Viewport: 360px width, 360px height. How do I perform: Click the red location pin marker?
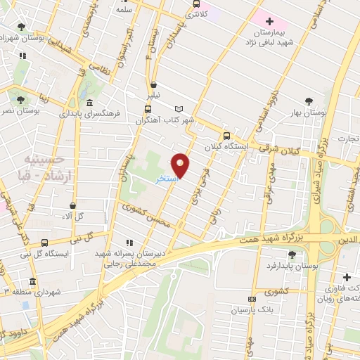pyautogui.click(x=181, y=165)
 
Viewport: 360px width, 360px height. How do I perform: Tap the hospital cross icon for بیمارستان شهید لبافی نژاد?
pyautogui.click(x=269, y=21)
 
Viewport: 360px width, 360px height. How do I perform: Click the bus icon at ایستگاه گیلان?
pyautogui.click(x=226, y=136)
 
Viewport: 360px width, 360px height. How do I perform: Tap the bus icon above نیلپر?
pyautogui.click(x=153, y=85)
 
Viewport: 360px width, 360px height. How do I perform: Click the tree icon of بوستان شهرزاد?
pyautogui.click(x=22, y=27)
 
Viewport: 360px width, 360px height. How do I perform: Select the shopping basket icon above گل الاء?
pyautogui.click(x=73, y=205)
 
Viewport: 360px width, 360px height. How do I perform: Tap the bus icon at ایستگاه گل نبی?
pyautogui.click(x=44, y=243)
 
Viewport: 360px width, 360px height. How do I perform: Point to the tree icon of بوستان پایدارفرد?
pyautogui.click(x=291, y=255)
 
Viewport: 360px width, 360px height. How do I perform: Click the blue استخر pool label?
pyautogui.click(x=167, y=180)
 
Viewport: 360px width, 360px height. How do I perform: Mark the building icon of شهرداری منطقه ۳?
pyautogui.click(x=32, y=281)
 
